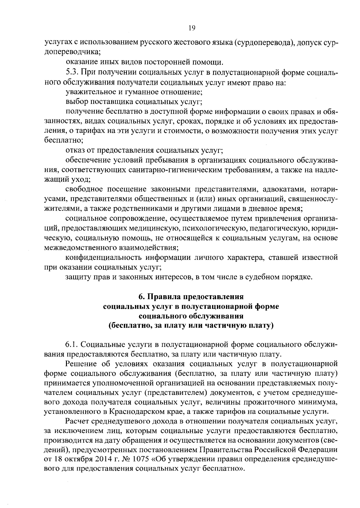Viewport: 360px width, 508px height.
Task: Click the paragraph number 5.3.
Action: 72,73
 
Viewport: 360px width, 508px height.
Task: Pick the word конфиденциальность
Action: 104,257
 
